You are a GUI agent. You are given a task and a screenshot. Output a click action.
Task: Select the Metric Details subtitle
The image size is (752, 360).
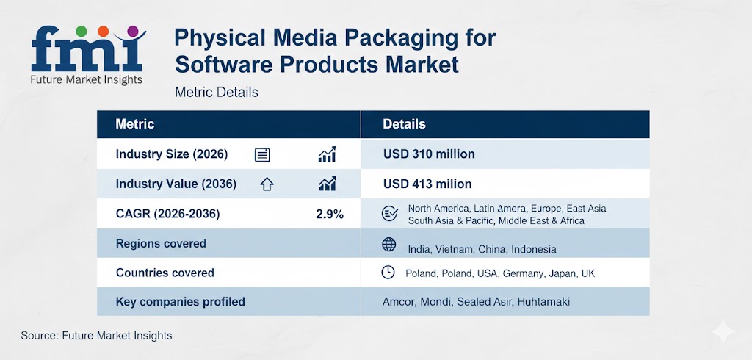pyautogui.click(x=217, y=93)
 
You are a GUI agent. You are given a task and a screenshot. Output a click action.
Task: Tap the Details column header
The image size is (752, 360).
pyautogui.click(x=404, y=124)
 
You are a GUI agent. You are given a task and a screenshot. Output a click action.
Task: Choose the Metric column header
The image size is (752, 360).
pyautogui.click(x=135, y=124)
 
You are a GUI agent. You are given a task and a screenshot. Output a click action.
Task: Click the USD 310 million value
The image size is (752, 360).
pyautogui.click(x=429, y=154)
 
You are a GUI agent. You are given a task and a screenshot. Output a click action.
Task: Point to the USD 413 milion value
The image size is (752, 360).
pyautogui.click(x=427, y=184)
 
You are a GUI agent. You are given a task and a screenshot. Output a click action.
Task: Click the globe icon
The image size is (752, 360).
pyautogui.click(x=388, y=245)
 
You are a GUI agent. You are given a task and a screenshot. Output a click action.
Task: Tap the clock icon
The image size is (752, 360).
pyautogui.click(x=388, y=273)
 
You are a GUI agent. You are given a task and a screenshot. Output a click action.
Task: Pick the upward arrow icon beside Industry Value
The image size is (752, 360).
pyautogui.click(x=267, y=184)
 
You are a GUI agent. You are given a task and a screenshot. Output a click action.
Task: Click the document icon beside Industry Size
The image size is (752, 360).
pyautogui.click(x=262, y=155)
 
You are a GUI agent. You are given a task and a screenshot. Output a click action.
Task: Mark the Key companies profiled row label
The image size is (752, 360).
pyautogui.click(x=181, y=301)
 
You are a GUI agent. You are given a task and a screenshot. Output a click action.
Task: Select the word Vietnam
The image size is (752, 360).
pyautogui.click(x=455, y=249)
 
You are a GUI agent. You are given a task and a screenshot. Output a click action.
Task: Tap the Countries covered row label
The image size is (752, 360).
pyautogui.click(x=165, y=273)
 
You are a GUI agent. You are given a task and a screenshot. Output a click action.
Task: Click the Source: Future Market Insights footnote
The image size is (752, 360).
pyautogui.click(x=96, y=335)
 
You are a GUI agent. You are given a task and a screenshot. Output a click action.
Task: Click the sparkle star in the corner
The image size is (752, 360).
pyautogui.click(x=723, y=332)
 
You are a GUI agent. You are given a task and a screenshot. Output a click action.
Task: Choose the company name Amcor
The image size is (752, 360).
pyautogui.click(x=399, y=302)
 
